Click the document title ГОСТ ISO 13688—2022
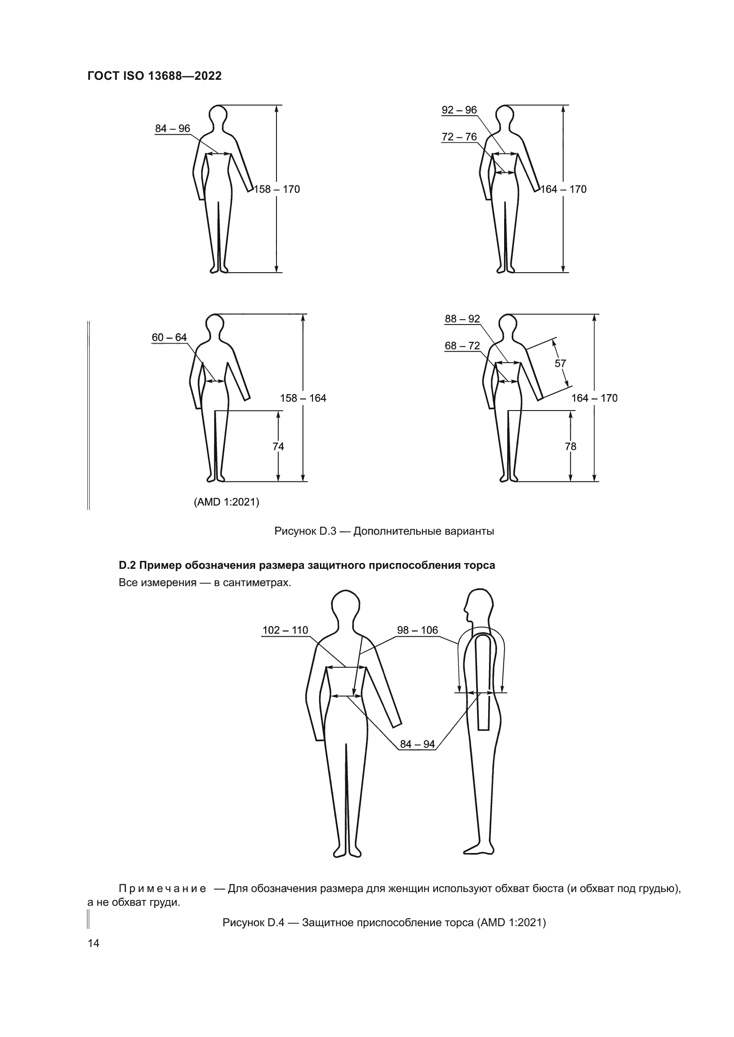(x=154, y=76)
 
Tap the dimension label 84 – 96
(x=173, y=129)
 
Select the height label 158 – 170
(x=277, y=189)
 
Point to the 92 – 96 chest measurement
(x=459, y=110)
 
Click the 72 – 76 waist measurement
(x=459, y=137)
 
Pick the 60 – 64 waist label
(x=169, y=337)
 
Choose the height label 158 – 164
(x=303, y=399)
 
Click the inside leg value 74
(x=278, y=447)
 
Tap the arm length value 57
(x=560, y=364)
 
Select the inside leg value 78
(x=571, y=447)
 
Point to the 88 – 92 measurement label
(x=462, y=319)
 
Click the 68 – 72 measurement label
(x=462, y=346)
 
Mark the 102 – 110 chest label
(x=285, y=630)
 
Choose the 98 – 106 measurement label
(x=418, y=630)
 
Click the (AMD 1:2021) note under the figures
(x=226, y=502)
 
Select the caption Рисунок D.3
(x=384, y=531)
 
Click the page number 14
(x=94, y=943)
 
